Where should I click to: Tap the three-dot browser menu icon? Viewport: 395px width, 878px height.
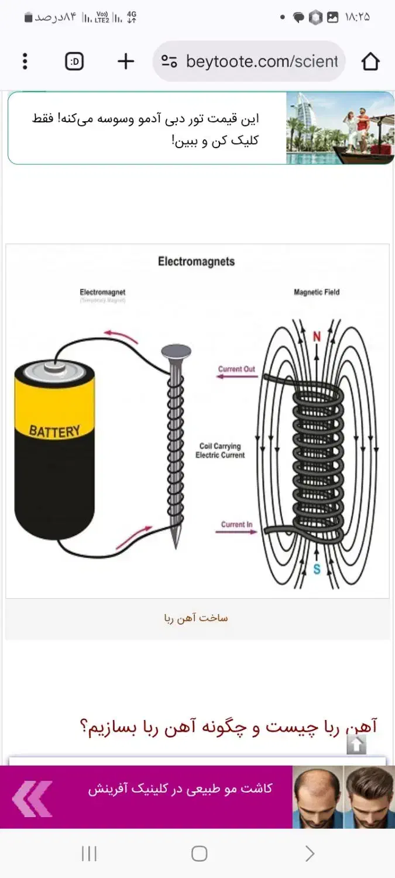click(x=25, y=61)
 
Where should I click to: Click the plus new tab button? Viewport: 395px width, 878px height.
click(x=126, y=61)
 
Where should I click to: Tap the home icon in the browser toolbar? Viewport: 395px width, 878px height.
click(x=370, y=61)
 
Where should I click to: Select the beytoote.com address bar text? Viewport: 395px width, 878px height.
click(x=261, y=61)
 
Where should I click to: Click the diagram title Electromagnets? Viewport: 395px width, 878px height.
click(x=196, y=262)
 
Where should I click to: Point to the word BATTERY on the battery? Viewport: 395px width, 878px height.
click(x=54, y=432)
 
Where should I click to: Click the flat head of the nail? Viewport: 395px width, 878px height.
click(x=176, y=351)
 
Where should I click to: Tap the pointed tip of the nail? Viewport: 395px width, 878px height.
click(x=175, y=545)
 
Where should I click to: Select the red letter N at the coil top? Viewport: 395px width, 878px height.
click(x=317, y=337)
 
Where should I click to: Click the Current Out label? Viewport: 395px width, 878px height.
click(x=236, y=369)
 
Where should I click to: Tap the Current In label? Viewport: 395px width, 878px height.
click(x=236, y=524)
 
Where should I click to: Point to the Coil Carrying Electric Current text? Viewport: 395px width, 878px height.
click(x=220, y=451)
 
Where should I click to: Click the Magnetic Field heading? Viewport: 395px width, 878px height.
click(x=317, y=292)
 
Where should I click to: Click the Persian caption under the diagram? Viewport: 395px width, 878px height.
click(x=196, y=618)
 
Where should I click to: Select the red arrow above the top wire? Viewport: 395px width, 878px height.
click(x=121, y=336)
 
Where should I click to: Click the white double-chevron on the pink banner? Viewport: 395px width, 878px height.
click(x=32, y=798)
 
